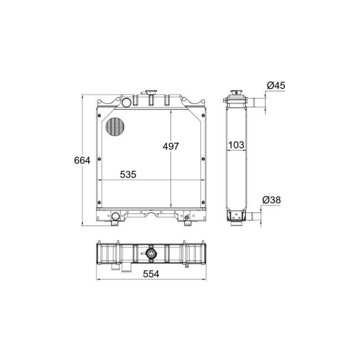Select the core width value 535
pos(128,174)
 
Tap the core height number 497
pos(171,146)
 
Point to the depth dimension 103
pos(236,145)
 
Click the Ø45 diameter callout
pos(275,85)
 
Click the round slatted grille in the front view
pos(114,126)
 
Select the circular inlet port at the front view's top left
pos(126,103)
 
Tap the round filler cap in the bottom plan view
pos(151,254)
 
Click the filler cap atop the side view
pos(236,94)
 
